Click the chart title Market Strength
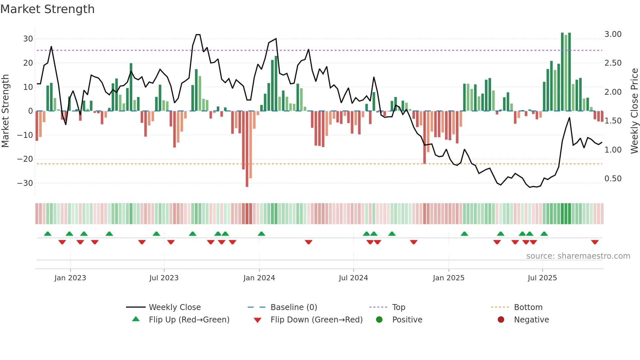[47, 9]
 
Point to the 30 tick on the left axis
[28, 39]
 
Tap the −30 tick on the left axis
[25, 183]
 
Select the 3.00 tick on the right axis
[613, 34]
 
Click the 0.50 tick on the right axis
[613, 179]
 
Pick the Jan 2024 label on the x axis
[259, 278]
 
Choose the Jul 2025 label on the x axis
[542, 278]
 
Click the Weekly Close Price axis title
[634, 111]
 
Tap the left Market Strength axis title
[5, 111]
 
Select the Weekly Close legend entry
[175, 307]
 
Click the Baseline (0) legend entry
[294, 307]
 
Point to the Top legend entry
[398, 307]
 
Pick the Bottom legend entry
[528, 307]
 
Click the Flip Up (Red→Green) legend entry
[189, 320]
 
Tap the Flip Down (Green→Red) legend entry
[316, 320]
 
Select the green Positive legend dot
[379, 319]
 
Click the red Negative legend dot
[501, 319]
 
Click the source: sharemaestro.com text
[578, 256]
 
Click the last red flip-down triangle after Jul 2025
[595, 242]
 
